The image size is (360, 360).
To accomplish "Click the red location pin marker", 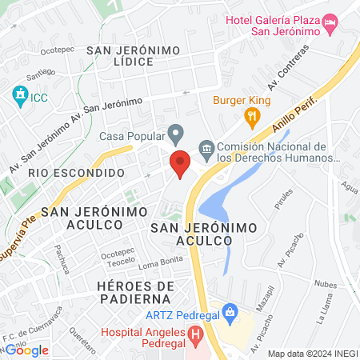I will pyautogui.click(x=180, y=164).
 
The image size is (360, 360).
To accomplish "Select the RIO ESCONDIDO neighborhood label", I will pyautogui.click(x=76, y=173).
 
